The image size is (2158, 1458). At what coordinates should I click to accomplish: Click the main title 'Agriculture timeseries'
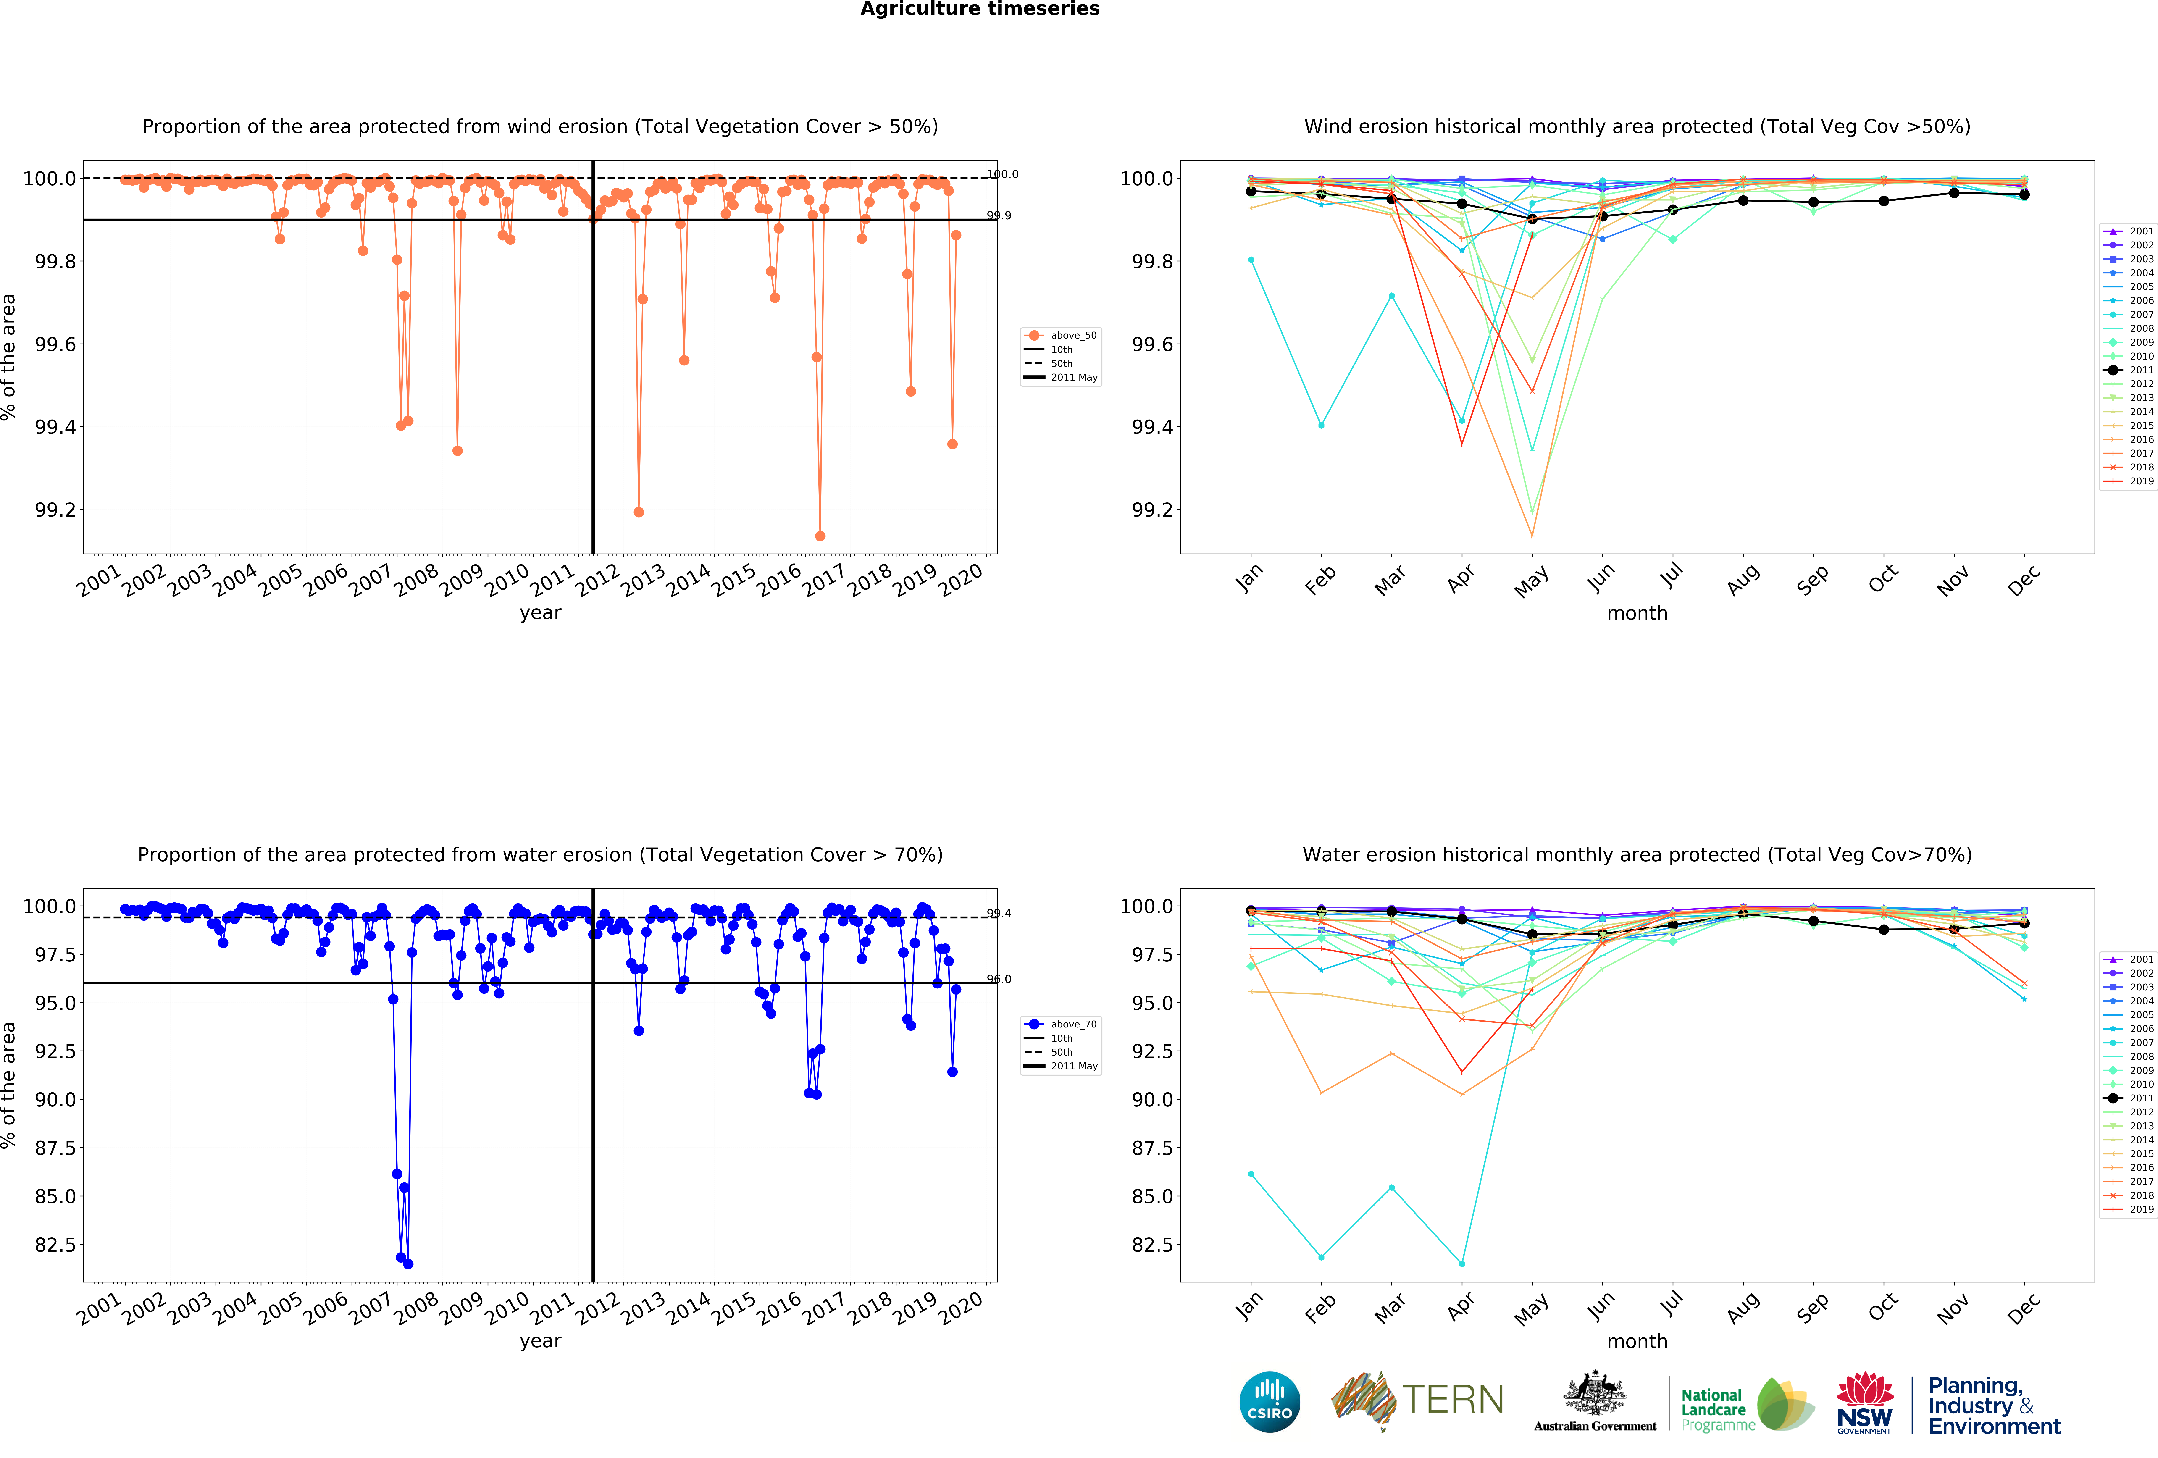pyautogui.click(x=980, y=9)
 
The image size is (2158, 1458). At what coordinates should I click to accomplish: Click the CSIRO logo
pyautogui.click(x=1269, y=1402)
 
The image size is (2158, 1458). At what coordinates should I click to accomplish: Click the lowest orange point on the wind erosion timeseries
pyautogui.click(x=820, y=536)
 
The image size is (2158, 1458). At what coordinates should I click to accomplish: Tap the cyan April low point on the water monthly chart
pyautogui.click(x=1461, y=1264)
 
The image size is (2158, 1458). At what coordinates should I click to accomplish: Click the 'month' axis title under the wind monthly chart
pyautogui.click(x=1637, y=613)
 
